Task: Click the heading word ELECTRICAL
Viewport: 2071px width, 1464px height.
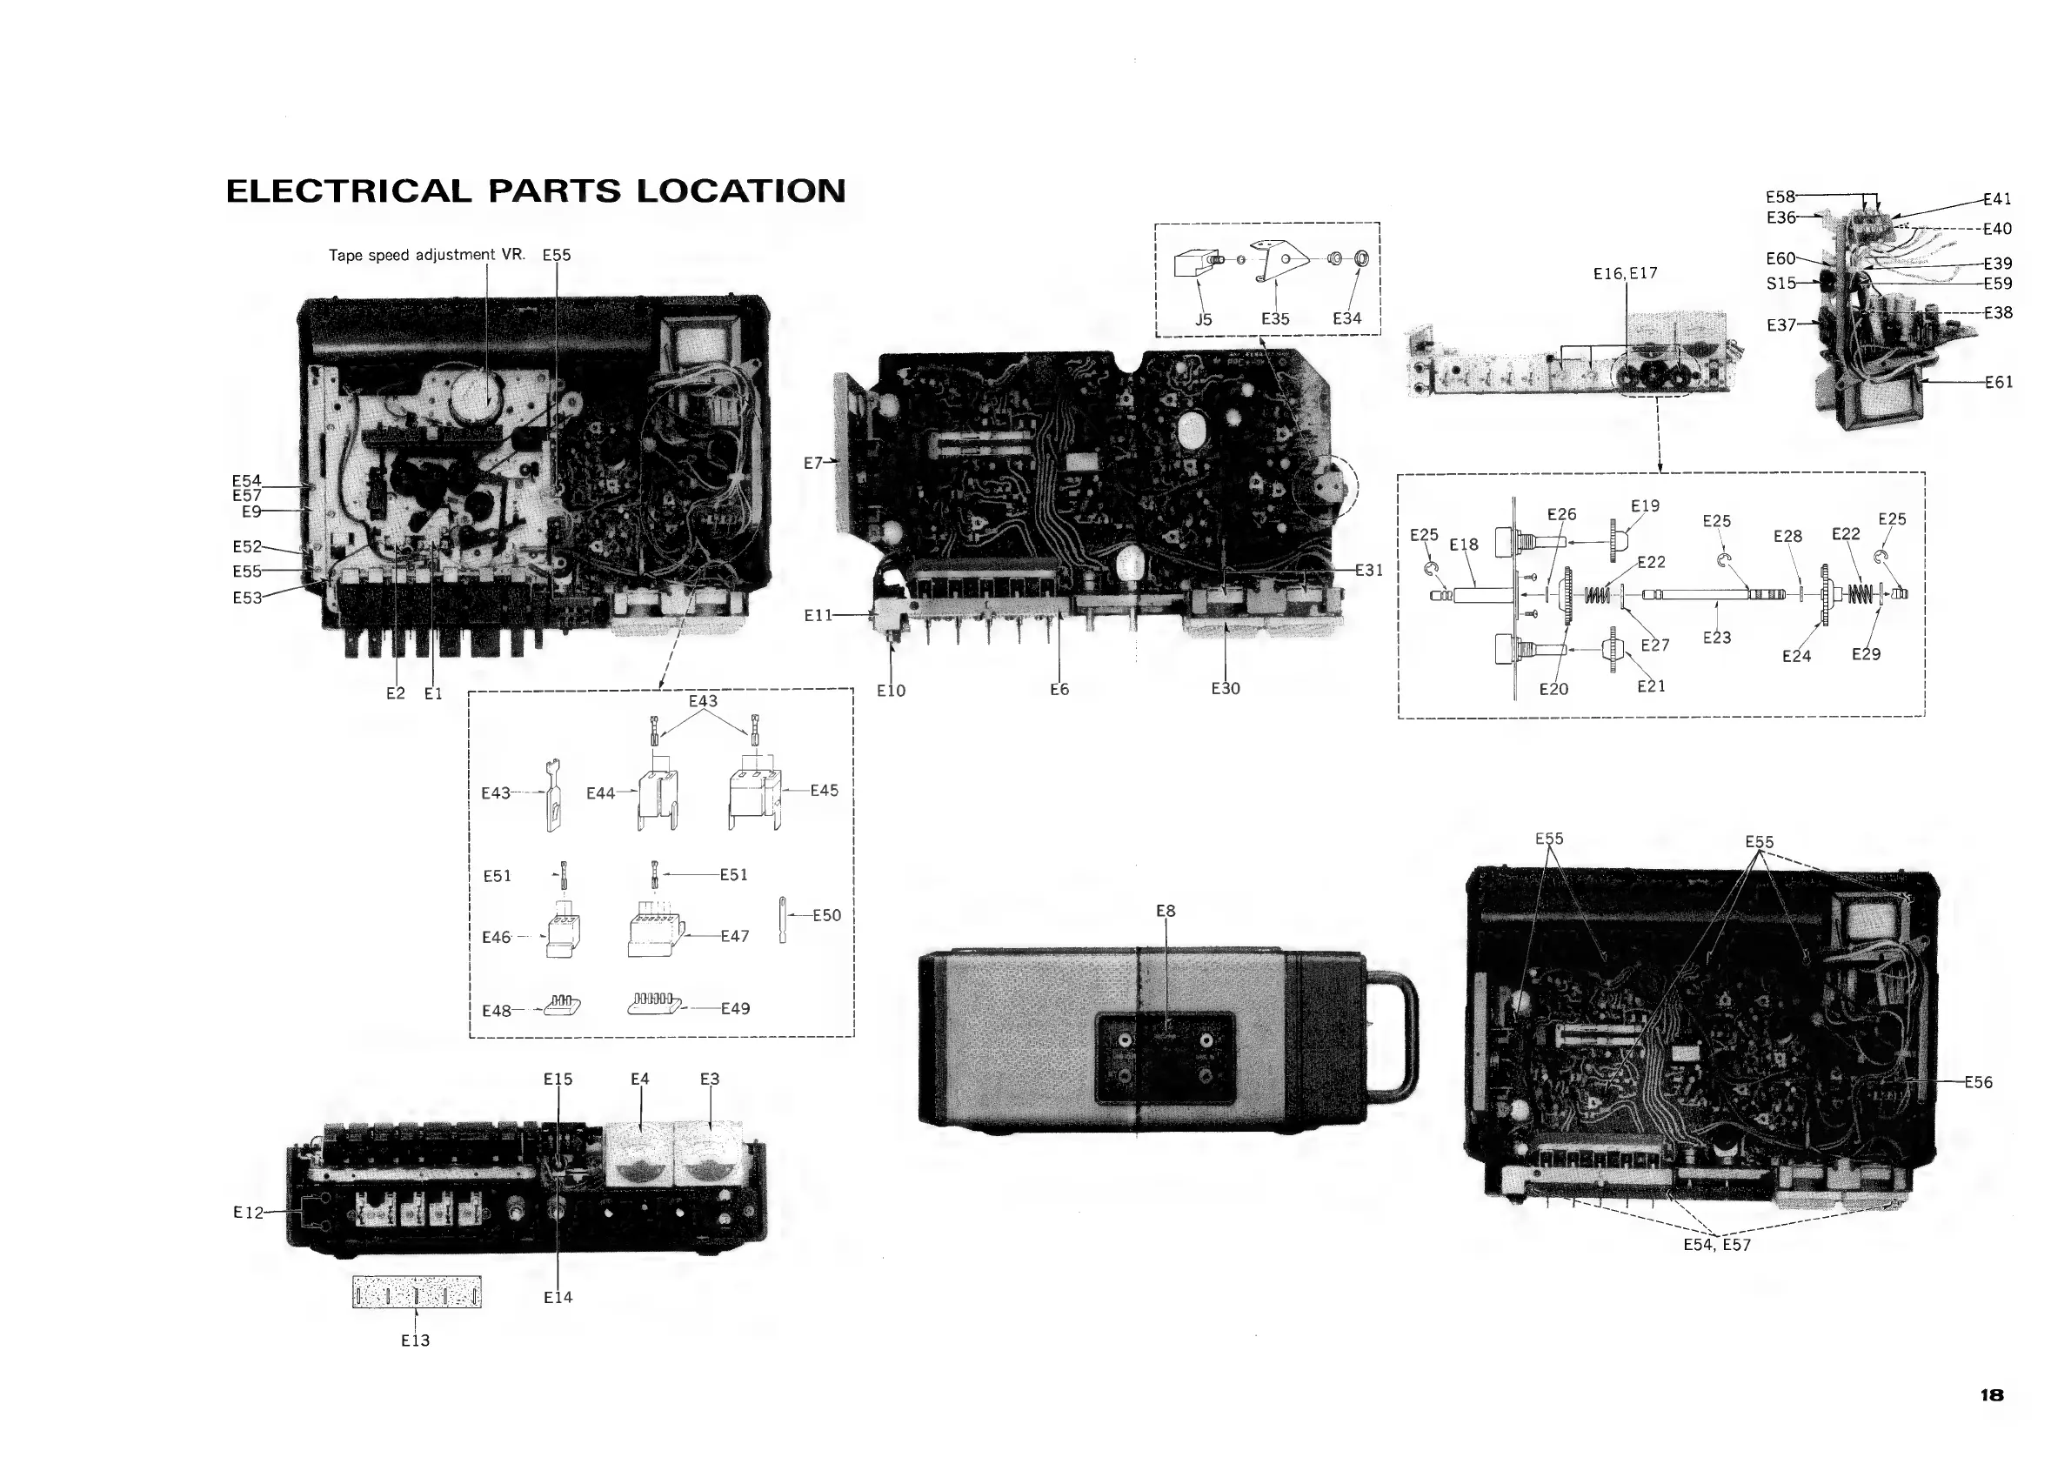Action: coord(348,191)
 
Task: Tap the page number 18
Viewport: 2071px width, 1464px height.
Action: coord(1992,1394)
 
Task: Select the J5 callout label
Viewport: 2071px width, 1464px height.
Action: coord(1203,319)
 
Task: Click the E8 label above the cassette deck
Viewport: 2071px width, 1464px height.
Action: coord(1166,911)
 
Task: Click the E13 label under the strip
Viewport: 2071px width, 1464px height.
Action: coord(415,1340)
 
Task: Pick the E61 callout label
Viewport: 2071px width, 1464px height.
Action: coord(1999,383)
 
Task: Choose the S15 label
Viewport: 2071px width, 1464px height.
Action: coord(1780,284)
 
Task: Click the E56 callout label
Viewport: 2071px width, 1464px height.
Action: coord(1978,1082)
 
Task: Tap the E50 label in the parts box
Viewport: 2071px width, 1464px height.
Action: coord(826,916)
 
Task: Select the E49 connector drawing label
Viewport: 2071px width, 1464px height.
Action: coord(735,1008)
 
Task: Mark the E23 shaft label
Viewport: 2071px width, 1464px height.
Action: coord(1716,638)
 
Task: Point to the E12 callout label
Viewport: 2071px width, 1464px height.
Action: coord(248,1213)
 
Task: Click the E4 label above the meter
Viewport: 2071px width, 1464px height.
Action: coord(639,1079)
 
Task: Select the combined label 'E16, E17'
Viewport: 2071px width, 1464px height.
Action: coord(1626,273)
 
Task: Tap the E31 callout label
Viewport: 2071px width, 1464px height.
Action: coord(1368,570)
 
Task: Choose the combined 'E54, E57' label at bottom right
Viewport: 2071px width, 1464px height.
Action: coord(1716,1245)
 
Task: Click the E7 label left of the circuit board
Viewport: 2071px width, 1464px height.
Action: coord(813,463)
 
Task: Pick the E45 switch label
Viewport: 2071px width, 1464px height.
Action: coord(824,790)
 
